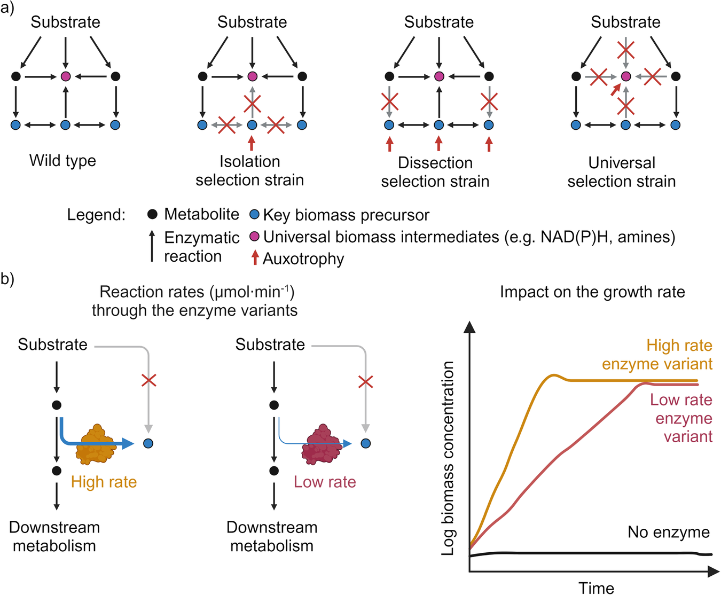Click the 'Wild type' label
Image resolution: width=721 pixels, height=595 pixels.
[x=62, y=160]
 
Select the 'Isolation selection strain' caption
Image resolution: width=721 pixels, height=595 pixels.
[x=249, y=170]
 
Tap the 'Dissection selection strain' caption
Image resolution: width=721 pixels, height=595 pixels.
[x=435, y=171]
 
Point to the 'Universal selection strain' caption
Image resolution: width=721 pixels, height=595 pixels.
[x=622, y=171]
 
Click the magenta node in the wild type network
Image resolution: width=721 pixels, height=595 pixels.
[x=66, y=76]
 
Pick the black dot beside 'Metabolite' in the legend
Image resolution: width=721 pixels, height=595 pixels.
[x=152, y=215]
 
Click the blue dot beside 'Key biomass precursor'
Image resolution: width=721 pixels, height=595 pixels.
[x=255, y=215]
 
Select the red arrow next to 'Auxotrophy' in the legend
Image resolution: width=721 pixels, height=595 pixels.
[x=255, y=258]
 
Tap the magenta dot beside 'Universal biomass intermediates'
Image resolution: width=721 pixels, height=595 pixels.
[x=255, y=237]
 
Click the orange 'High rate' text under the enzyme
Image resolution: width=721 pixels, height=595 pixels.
[x=104, y=482]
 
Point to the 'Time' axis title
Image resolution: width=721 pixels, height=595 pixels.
[x=596, y=588]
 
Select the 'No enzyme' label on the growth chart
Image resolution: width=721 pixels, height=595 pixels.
[x=668, y=532]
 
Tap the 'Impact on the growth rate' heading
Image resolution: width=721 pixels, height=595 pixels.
[x=592, y=292]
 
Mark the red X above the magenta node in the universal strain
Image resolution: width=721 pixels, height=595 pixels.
[x=626, y=51]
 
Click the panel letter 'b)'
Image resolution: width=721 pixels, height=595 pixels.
[x=7, y=279]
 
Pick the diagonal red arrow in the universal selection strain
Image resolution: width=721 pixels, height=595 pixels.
[x=616, y=89]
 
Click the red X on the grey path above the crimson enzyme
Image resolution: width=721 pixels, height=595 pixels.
[x=365, y=381]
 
